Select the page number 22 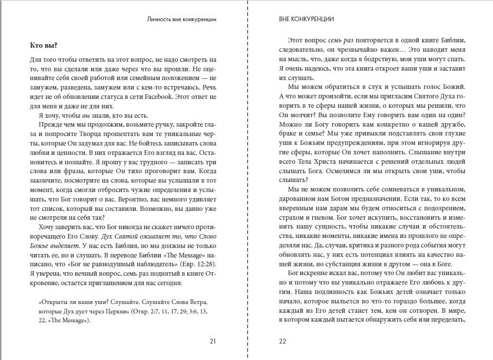[x=282, y=340]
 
